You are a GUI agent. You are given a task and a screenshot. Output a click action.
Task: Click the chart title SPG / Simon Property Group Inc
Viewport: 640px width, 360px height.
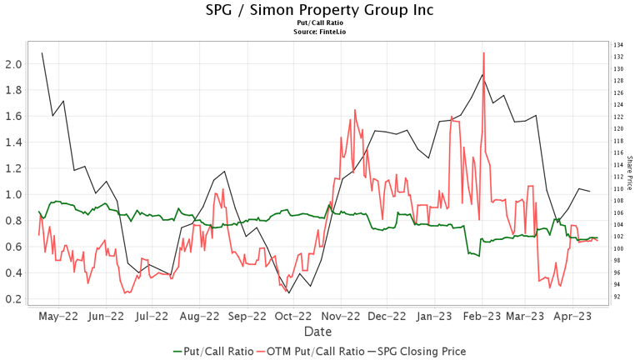click(320, 10)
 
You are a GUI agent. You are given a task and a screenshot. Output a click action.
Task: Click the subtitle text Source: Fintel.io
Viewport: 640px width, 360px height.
click(320, 31)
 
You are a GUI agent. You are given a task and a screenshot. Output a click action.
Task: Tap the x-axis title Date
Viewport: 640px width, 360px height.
click(320, 332)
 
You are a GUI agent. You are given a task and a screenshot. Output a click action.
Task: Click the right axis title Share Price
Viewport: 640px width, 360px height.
click(629, 170)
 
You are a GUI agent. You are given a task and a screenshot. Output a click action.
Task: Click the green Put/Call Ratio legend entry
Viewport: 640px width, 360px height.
click(212, 351)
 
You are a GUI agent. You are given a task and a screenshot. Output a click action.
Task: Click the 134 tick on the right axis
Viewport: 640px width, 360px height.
click(618, 45)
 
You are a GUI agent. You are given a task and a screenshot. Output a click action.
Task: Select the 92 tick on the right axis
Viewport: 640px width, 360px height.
click(617, 297)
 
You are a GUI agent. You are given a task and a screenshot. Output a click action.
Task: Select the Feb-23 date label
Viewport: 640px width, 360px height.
click(482, 317)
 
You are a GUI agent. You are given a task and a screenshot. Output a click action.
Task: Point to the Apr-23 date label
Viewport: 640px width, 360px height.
click(573, 317)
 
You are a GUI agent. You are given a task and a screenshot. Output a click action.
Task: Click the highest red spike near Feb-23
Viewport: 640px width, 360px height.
click(483, 53)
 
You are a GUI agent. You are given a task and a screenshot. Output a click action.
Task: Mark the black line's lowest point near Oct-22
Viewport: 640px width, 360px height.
click(289, 292)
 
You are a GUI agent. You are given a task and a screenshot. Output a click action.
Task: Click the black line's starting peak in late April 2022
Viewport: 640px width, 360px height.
click(42, 53)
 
